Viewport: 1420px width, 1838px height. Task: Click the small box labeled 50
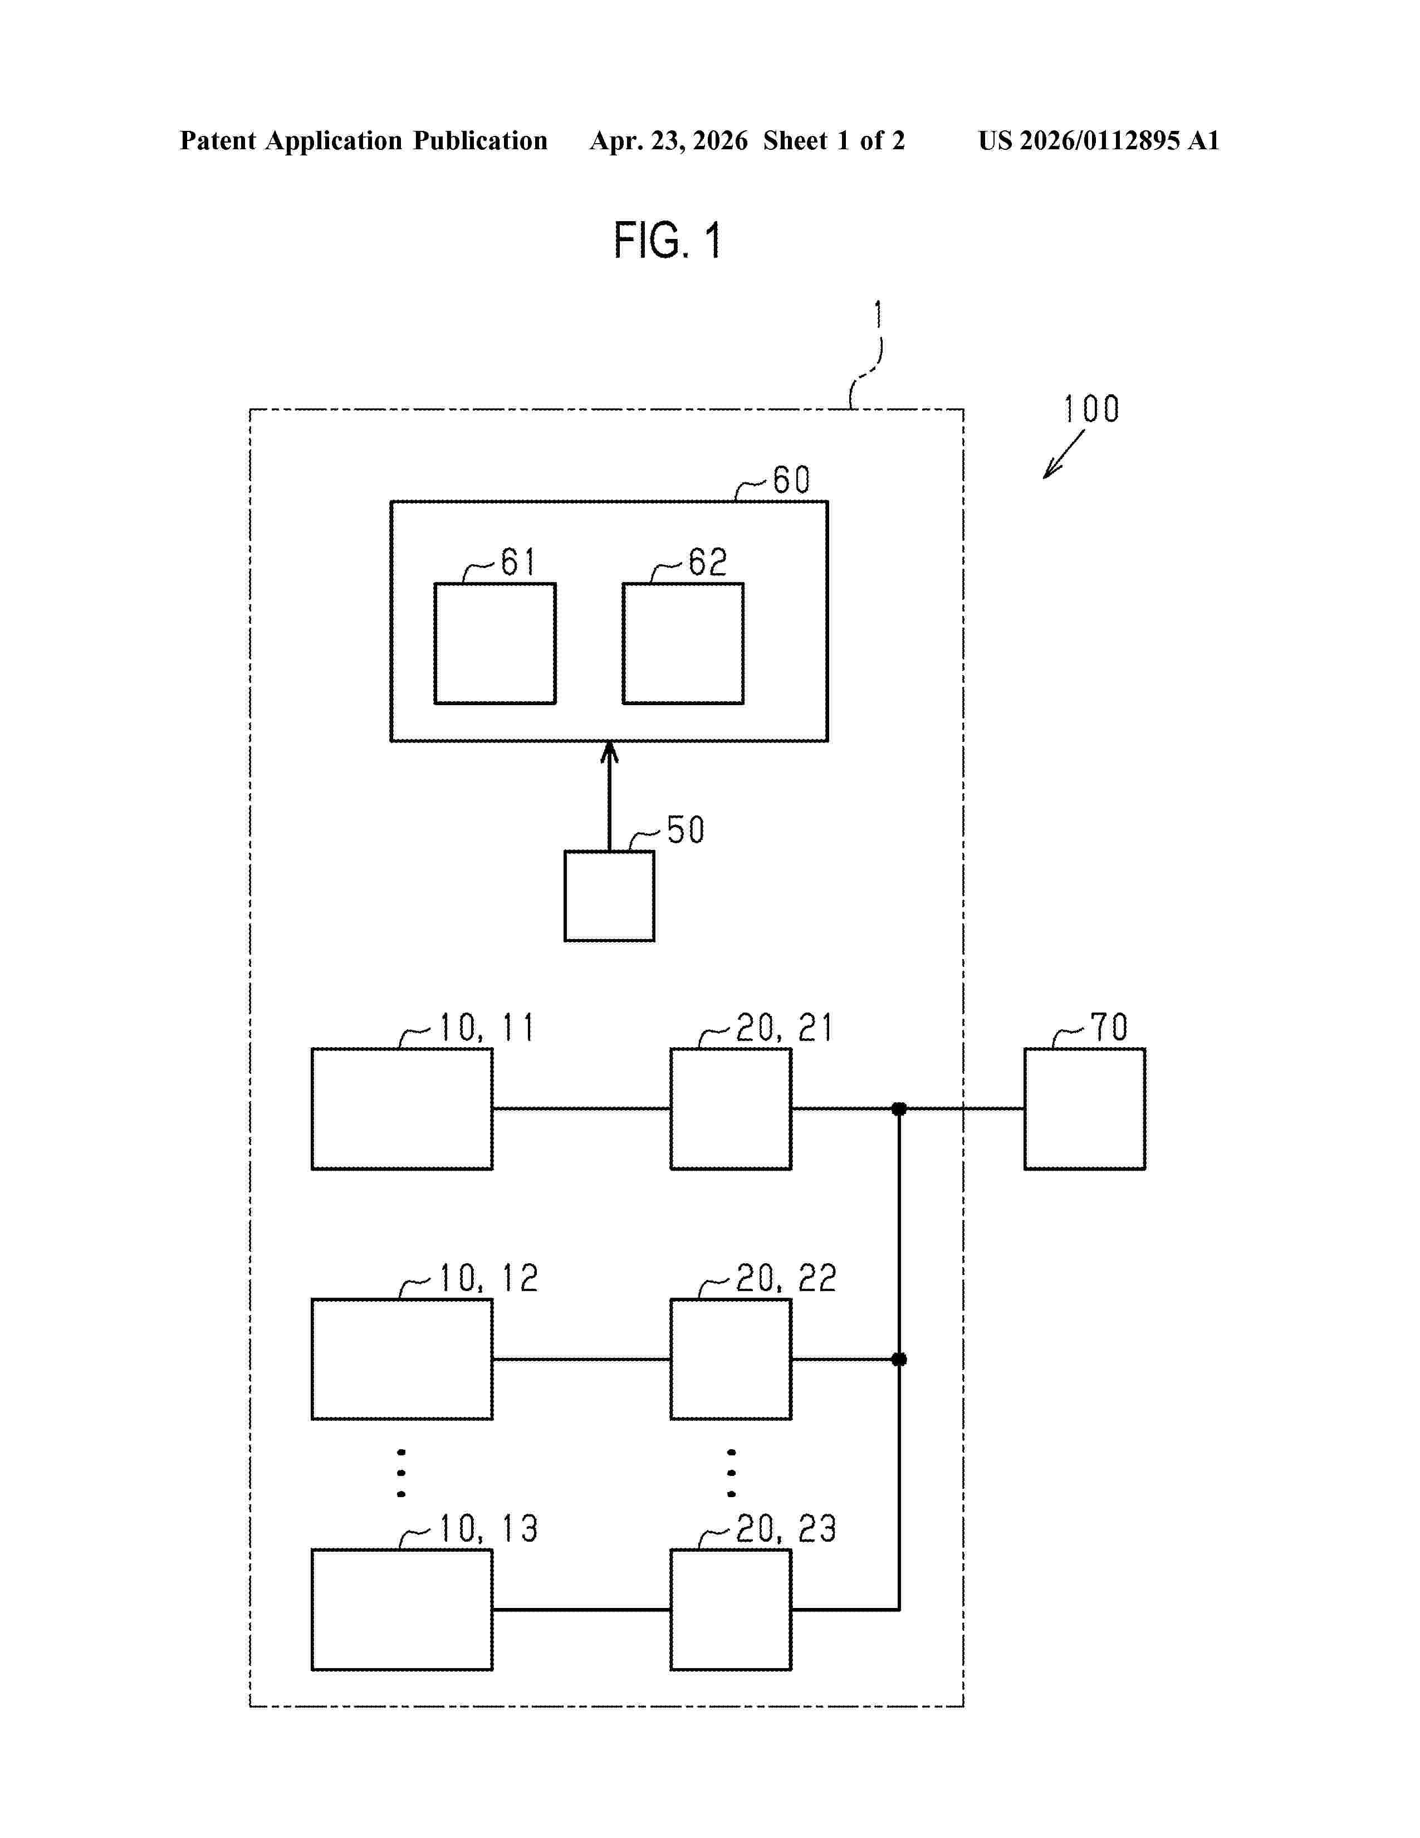pyautogui.click(x=609, y=896)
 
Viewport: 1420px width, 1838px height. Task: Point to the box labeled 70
pyautogui.click(x=1084, y=1108)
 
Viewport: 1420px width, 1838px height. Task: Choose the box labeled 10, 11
pyautogui.click(x=402, y=1108)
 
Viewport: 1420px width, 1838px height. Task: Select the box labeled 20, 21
pyautogui.click(x=730, y=1108)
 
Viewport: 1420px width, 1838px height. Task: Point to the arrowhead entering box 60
pyautogui.click(x=609, y=751)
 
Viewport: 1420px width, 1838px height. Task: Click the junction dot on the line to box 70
pyautogui.click(x=898, y=1108)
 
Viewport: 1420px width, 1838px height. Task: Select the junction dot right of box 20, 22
pyautogui.click(x=898, y=1359)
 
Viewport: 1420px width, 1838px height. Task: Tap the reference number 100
pyautogui.click(x=1091, y=410)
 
